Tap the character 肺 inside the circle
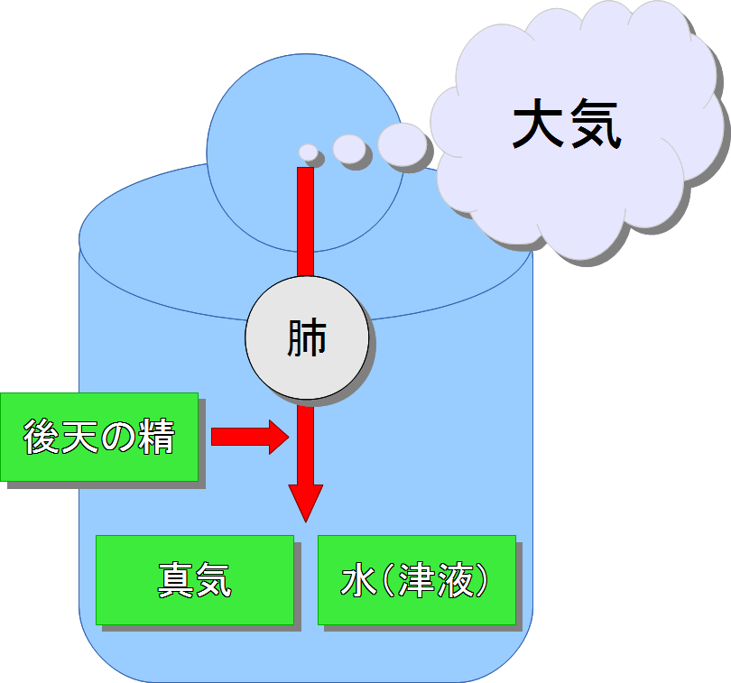(307, 339)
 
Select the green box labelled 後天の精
(99, 437)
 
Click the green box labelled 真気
(195, 580)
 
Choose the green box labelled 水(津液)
(416, 580)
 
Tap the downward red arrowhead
(306, 502)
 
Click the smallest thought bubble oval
(309, 152)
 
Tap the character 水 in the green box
(357, 581)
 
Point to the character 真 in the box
(176, 580)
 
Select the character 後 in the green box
(42, 438)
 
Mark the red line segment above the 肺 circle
(306, 221)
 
